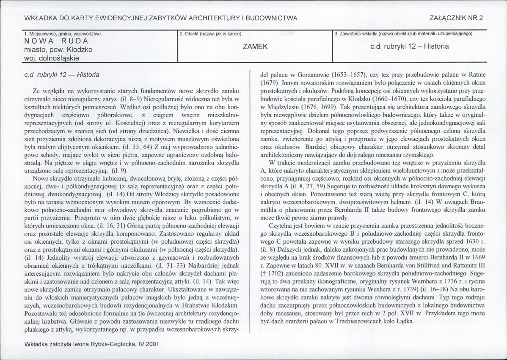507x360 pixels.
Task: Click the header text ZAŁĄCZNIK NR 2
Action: [456, 17]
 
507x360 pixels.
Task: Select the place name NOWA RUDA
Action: [56, 41]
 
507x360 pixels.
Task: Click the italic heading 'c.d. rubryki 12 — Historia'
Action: [62, 74]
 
